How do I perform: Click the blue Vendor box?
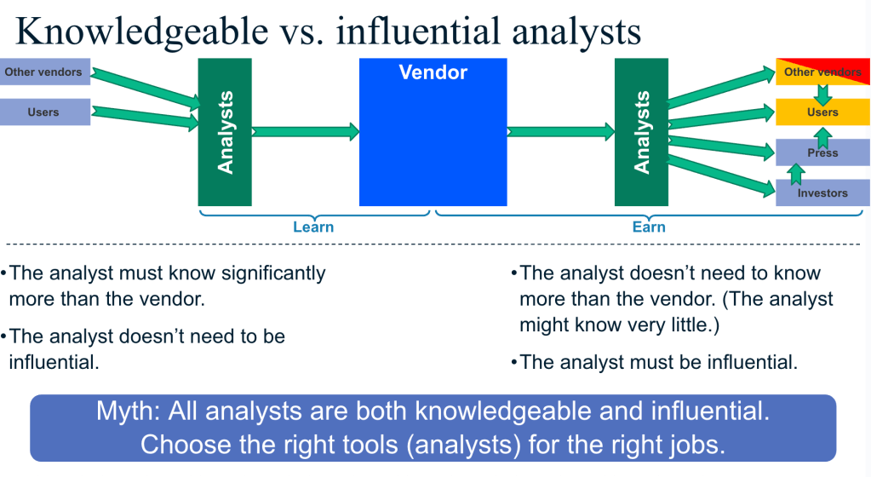[433, 132]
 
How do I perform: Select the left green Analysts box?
[225, 132]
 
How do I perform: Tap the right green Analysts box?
[642, 132]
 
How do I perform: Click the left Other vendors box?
[45, 72]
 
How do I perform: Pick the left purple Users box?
[45, 112]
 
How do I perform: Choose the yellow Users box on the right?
[822, 112]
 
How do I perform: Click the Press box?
[822, 152]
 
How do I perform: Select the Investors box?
[822, 193]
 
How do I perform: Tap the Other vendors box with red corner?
[822, 72]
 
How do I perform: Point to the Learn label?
[313, 227]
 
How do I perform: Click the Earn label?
[649, 227]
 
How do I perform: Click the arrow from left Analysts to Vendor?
[306, 132]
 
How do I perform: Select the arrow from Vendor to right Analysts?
[561, 132]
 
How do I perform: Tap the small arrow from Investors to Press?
[796, 174]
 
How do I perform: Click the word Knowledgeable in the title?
[142, 32]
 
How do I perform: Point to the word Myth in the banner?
[127, 411]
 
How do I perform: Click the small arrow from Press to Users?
[822, 138]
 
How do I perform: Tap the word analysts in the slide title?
[576, 32]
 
